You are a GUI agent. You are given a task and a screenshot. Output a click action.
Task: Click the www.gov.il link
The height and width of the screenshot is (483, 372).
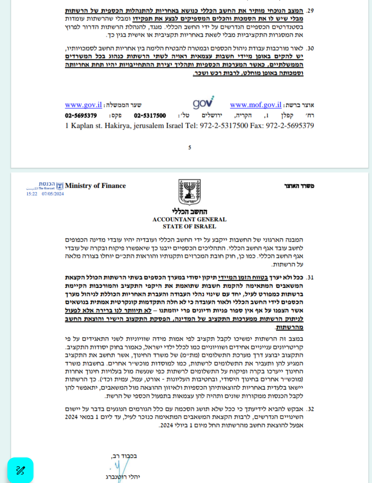tap(83, 105)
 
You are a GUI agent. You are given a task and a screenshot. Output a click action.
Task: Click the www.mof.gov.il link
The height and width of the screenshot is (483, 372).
tap(256, 105)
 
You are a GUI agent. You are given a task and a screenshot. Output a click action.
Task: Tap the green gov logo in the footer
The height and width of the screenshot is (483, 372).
tap(203, 103)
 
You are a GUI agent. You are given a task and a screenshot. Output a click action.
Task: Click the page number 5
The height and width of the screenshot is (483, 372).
tap(190, 147)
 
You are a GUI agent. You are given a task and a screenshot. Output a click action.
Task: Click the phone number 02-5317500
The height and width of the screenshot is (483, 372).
tap(150, 115)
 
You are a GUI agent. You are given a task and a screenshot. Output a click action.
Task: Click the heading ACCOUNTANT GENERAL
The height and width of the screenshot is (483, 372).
tap(189, 219)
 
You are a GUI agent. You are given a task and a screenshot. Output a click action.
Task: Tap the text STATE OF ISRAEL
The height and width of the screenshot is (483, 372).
tap(189, 226)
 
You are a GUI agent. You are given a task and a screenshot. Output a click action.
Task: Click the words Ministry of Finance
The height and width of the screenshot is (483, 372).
tap(95, 186)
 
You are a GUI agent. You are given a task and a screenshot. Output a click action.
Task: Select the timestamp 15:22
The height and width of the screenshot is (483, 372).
tap(32, 194)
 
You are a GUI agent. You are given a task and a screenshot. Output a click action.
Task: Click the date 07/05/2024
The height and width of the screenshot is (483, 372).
tap(53, 194)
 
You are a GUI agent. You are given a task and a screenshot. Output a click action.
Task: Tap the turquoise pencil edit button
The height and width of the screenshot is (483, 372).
tap(20, 470)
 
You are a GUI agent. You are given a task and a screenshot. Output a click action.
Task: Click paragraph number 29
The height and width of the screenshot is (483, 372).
tap(311, 10)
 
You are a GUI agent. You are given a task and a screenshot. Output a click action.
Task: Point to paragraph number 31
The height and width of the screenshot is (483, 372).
tap(311, 278)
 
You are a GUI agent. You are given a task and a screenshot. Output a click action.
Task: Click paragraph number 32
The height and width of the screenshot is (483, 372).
tap(311, 410)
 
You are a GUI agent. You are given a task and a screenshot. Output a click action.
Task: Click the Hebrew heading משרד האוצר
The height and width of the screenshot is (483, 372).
tap(299, 186)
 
